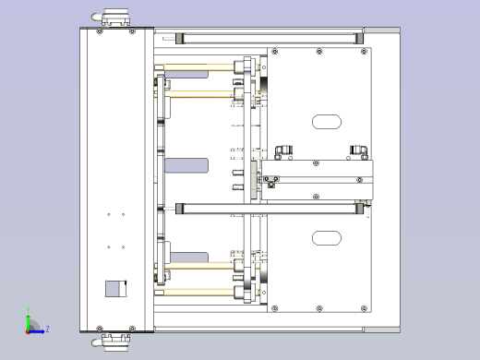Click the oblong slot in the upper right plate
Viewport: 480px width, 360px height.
click(x=326, y=121)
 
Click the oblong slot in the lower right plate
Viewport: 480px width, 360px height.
click(x=326, y=238)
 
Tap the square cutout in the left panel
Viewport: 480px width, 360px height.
click(x=114, y=288)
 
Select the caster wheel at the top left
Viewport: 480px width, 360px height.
click(x=114, y=18)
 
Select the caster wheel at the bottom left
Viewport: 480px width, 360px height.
click(x=114, y=340)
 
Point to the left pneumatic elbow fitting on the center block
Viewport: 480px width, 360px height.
click(x=281, y=150)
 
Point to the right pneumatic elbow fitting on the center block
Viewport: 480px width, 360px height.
click(x=358, y=150)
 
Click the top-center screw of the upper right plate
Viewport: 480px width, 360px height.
click(x=319, y=52)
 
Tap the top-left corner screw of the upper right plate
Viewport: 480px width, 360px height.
click(x=273, y=52)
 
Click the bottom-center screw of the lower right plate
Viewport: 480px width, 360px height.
click(x=319, y=308)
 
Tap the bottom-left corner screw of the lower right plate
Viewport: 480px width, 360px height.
click(x=273, y=308)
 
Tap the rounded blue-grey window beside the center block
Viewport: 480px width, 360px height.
click(x=186, y=165)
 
